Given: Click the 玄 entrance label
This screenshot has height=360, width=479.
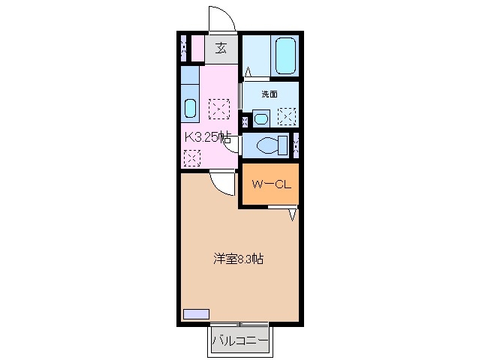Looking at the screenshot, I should click(221, 49).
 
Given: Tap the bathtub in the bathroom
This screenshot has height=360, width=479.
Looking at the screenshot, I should click(286, 55).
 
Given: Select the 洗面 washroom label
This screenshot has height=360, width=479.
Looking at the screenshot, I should click(270, 94).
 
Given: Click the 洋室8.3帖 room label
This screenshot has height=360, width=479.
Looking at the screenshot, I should click(237, 259).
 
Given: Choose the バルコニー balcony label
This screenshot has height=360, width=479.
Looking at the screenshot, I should click(239, 342).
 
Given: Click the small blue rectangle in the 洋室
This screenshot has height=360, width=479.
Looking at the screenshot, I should click(197, 313).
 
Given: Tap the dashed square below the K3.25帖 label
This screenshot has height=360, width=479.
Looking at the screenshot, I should click(193, 158).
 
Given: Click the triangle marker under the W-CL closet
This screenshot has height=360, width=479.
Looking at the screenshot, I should click(294, 214).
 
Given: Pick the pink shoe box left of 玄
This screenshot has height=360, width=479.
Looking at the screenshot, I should click(196, 49).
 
